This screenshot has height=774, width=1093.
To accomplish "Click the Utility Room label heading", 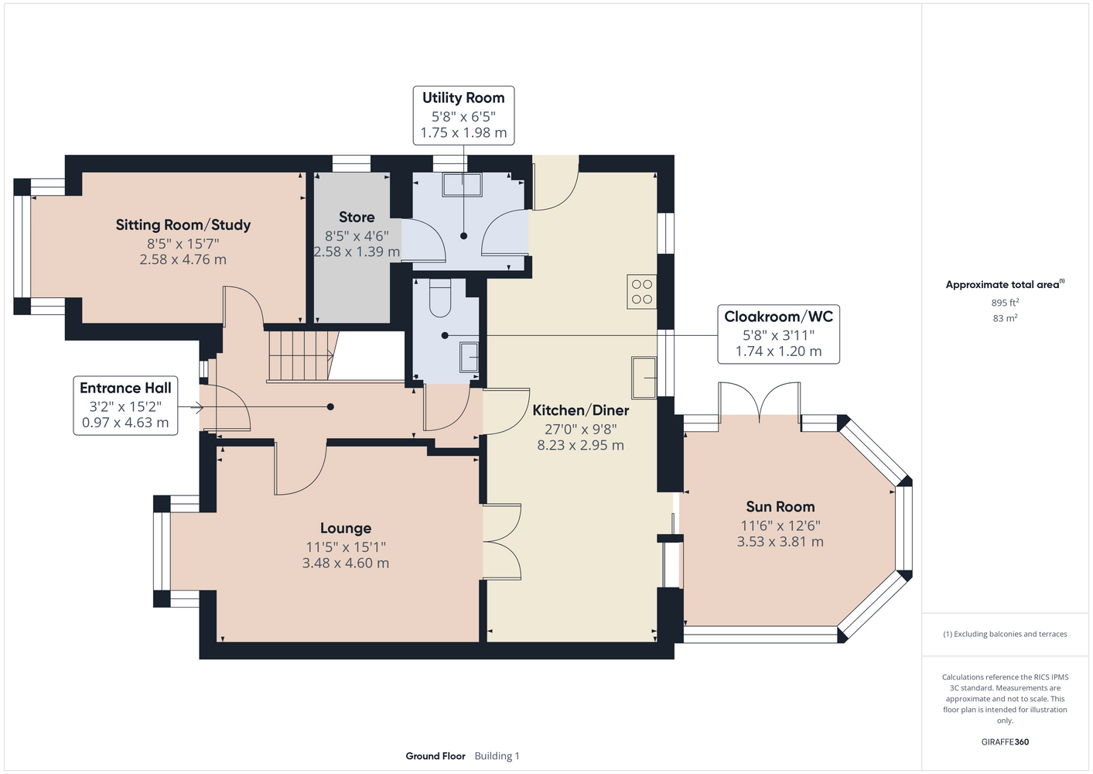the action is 463,98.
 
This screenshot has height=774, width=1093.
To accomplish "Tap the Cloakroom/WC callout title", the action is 778,317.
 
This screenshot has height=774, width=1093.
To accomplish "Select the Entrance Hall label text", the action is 125,388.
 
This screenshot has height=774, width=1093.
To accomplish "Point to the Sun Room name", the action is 780,506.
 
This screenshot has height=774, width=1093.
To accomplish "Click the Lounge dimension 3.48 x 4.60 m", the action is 346,563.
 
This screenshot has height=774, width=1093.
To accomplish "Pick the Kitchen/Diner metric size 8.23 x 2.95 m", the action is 581,445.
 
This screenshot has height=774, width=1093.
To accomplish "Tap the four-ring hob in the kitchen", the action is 642,292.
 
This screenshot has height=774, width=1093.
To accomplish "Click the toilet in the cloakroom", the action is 441,298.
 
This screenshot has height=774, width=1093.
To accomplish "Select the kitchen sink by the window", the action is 644,378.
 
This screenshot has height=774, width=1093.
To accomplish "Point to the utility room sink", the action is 462,184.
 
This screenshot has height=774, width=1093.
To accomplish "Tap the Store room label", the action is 357,217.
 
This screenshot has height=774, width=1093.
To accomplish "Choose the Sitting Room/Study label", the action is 183,224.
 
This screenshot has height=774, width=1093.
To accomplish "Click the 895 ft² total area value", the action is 1005,303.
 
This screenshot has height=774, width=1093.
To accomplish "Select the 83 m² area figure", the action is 1005,318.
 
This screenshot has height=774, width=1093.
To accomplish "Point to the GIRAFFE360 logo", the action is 1005,741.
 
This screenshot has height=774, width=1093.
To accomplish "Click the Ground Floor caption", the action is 435,756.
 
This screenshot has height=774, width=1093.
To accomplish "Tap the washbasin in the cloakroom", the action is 469,357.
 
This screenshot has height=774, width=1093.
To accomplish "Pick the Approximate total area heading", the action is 1005,284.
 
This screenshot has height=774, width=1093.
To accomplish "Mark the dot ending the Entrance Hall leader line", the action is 330,407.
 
